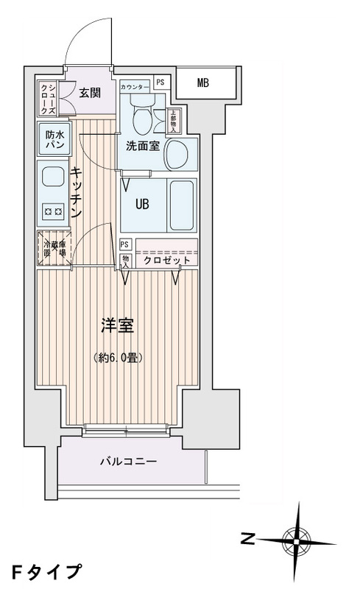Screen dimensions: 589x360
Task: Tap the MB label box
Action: coord(202,82)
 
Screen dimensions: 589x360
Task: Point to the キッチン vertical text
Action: coord(75,192)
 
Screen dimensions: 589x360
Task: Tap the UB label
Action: coord(141,204)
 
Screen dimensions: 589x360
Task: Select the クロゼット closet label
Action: coord(167,261)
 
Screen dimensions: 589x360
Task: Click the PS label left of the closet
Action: coord(125,244)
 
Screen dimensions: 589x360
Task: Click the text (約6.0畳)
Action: coord(118,358)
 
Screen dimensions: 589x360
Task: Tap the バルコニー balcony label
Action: coord(128,462)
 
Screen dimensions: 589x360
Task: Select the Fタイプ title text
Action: coord(46,571)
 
